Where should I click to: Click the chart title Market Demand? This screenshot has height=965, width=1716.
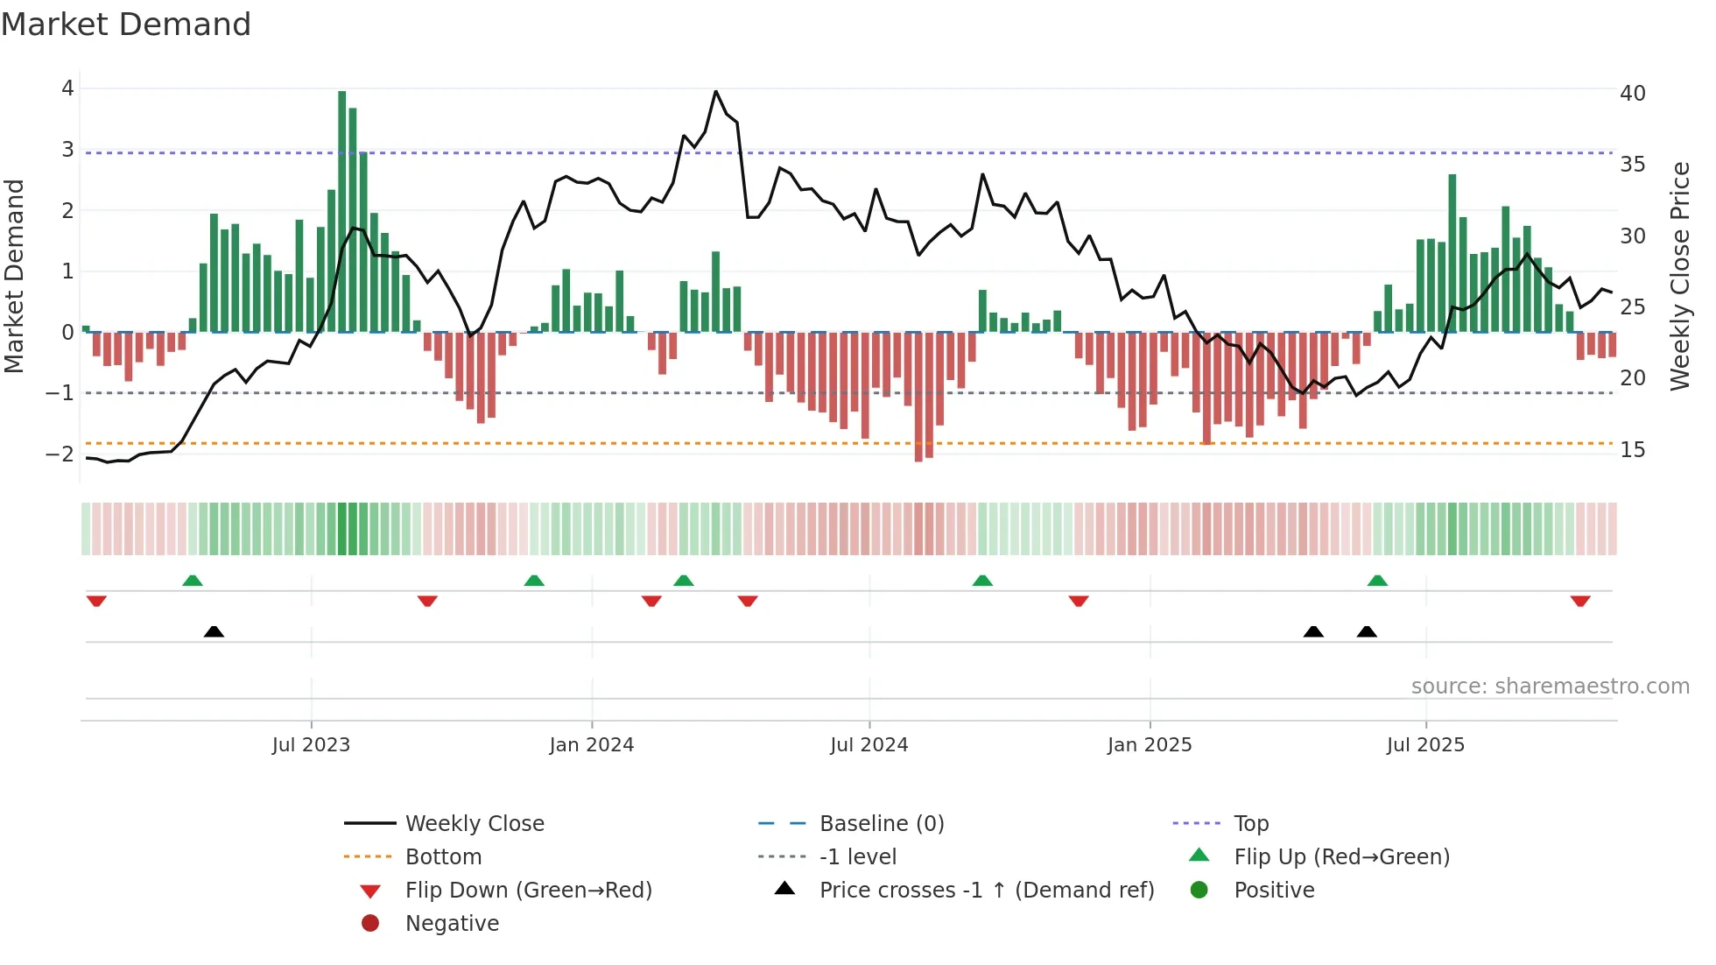126,25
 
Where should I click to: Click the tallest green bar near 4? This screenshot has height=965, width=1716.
341,210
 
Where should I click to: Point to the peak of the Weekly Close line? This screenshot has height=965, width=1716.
715,91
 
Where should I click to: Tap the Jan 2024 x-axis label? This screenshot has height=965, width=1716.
591,745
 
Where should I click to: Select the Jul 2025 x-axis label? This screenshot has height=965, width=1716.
1425,745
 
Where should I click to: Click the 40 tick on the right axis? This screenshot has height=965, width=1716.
1632,94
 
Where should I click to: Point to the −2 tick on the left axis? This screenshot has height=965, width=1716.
60,454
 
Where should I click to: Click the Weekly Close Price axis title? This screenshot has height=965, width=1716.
1679,276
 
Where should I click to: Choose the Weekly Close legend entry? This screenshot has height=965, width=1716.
474,824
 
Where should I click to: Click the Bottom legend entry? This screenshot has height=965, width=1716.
443,857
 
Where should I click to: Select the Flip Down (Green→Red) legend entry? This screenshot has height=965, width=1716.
528,891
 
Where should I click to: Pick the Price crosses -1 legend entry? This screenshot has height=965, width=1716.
986,891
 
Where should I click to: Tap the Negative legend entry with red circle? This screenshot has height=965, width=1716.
452,924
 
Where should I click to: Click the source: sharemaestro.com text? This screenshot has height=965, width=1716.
1550,687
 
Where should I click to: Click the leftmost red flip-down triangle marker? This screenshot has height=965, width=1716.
96,601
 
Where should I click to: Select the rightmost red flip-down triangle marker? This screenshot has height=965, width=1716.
1579,601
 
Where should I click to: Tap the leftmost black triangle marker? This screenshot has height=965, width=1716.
214,631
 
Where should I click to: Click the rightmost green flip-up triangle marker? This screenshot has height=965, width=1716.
1377,581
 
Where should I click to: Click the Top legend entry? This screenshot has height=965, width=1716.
1250,824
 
